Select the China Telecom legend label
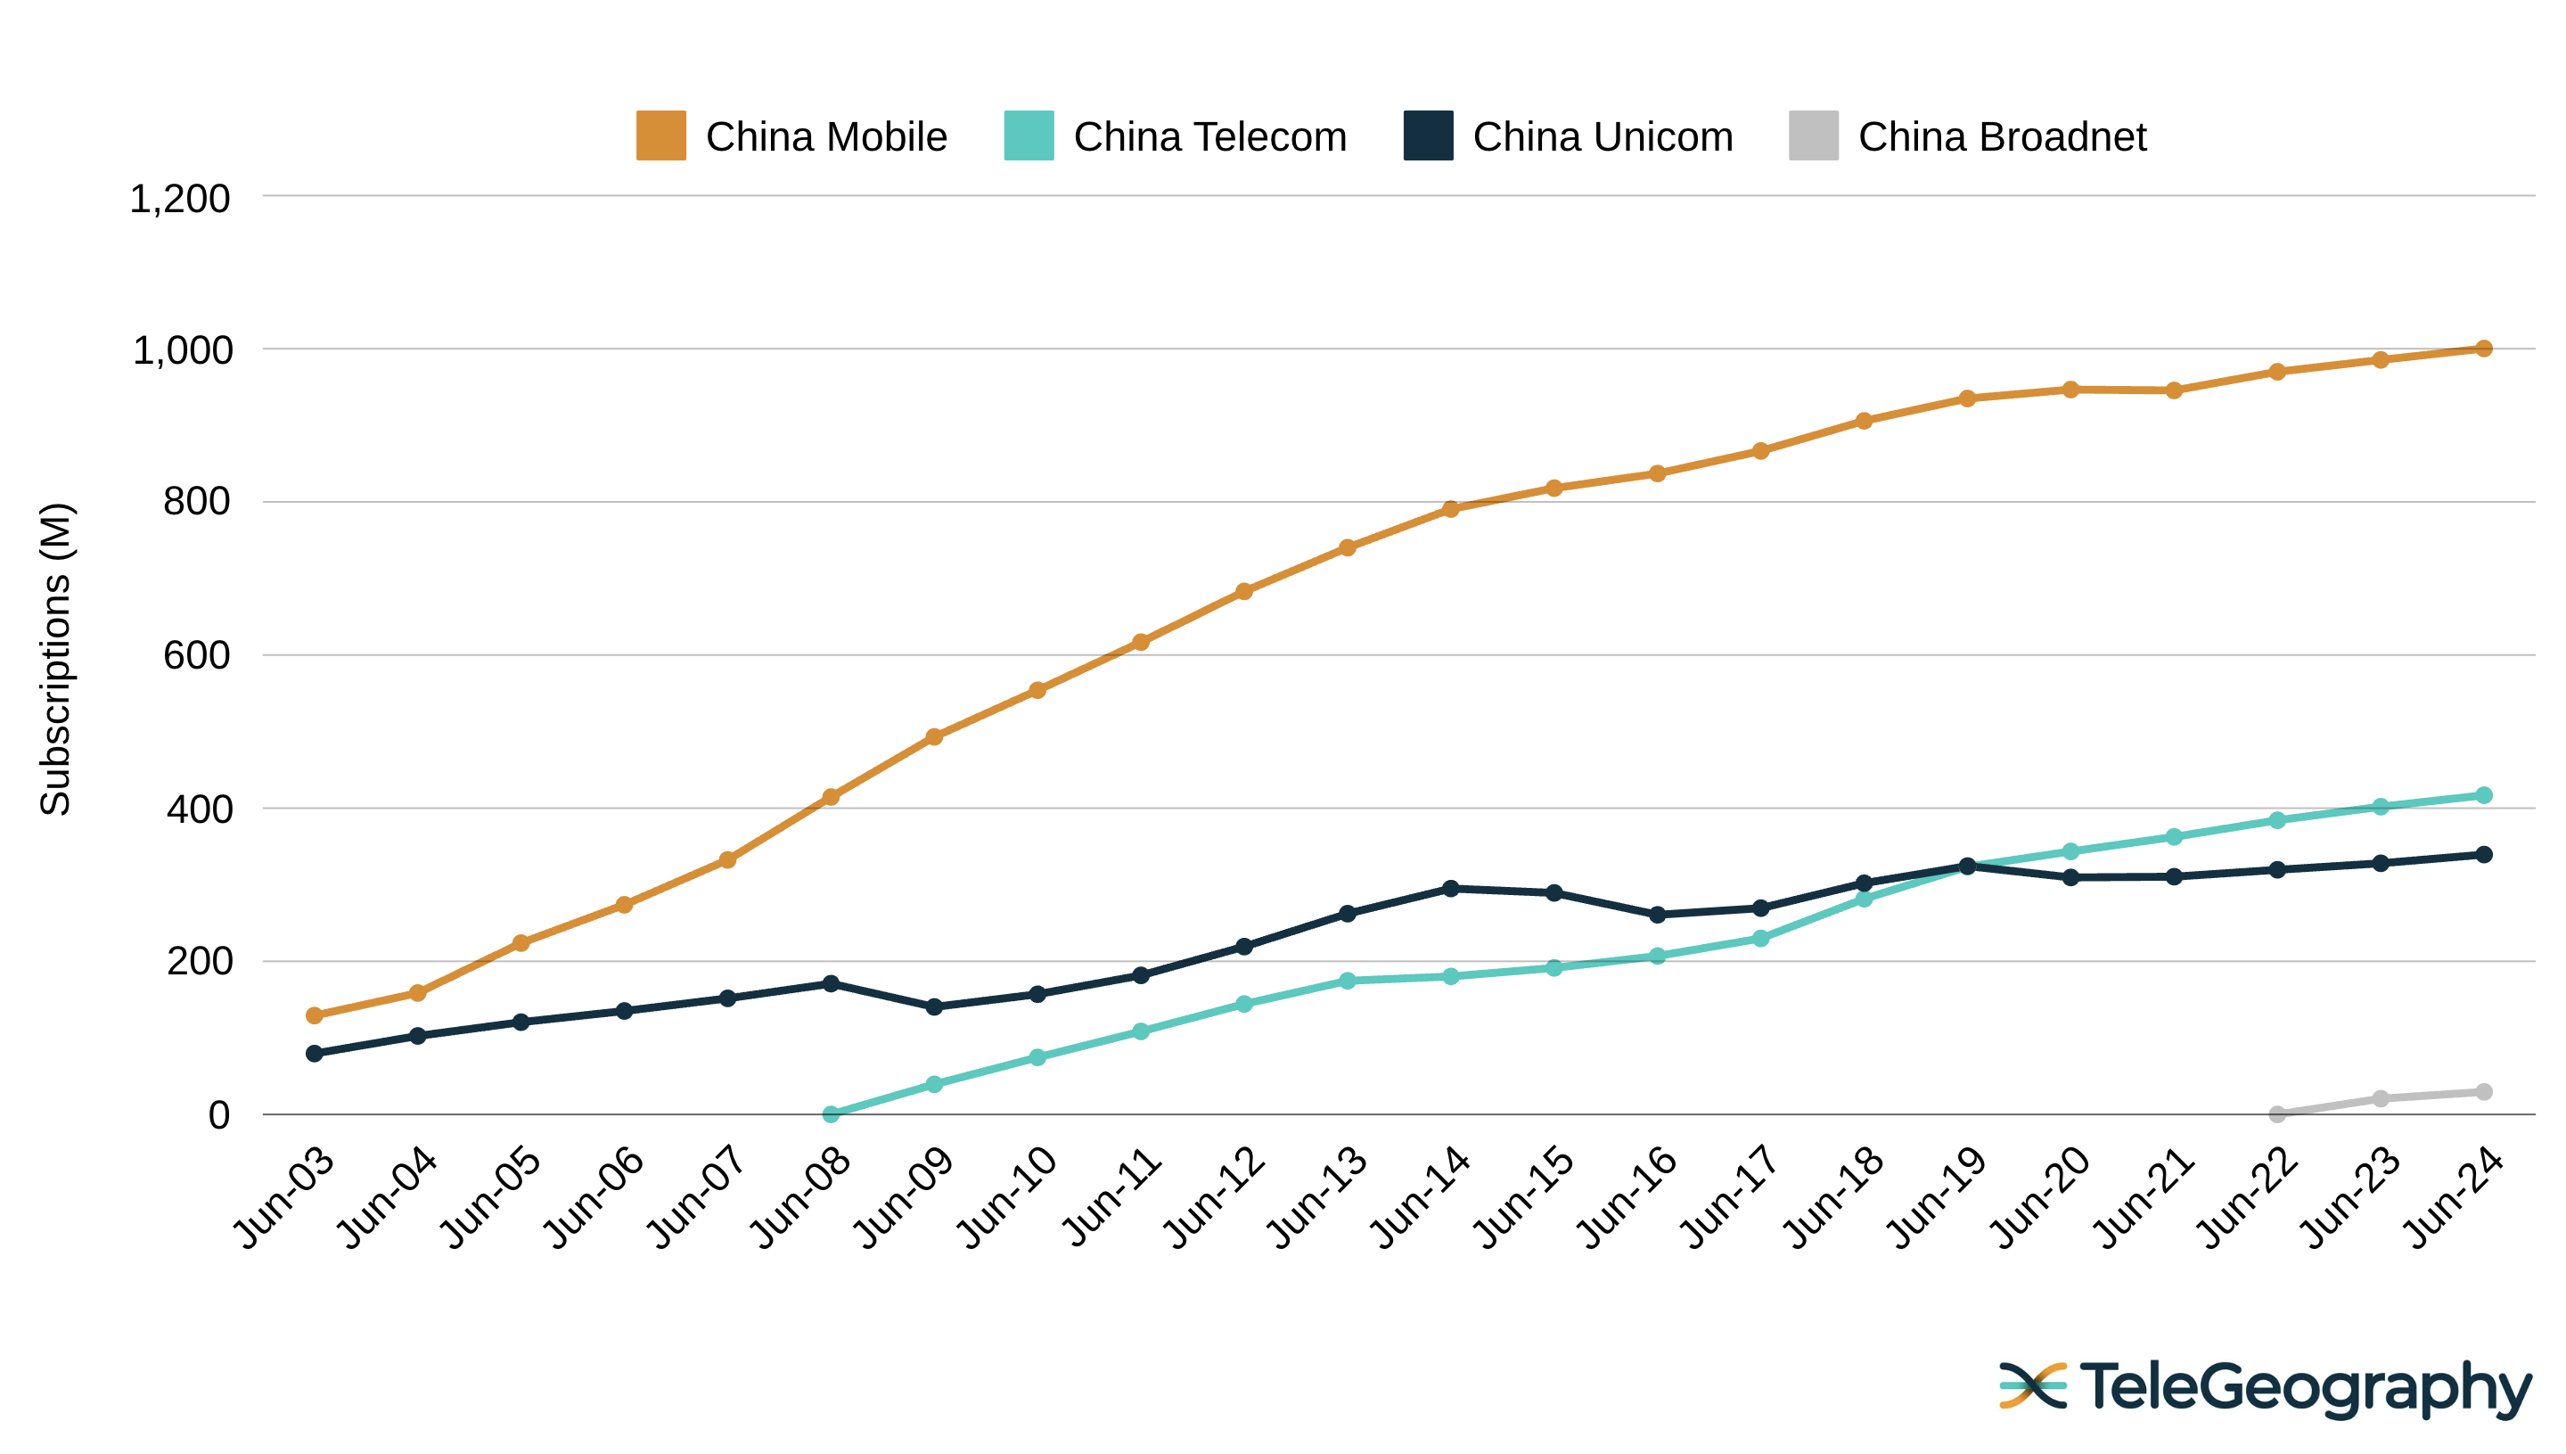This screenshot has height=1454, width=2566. point(1209,136)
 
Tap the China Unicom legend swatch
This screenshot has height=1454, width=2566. point(1427,136)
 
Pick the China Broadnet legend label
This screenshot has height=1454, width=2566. point(2001,136)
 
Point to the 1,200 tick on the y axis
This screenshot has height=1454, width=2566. point(180,199)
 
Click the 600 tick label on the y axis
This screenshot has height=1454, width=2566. point(196,656)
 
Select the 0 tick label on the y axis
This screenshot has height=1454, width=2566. point(217,1114)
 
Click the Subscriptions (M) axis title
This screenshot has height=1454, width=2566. point(56,659)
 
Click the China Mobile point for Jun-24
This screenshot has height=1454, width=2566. point(2483,349)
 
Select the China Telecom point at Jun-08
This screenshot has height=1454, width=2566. point(831,1113)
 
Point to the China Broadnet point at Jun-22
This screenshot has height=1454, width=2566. point(2276,1113)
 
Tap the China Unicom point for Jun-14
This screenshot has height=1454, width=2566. point(1451,888)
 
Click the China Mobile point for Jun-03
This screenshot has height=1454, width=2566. point(315,1015)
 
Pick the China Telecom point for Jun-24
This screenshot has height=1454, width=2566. point(2483,795)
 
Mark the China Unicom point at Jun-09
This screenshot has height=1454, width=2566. point(933,1006)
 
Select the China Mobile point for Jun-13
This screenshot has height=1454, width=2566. point(1347,547)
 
